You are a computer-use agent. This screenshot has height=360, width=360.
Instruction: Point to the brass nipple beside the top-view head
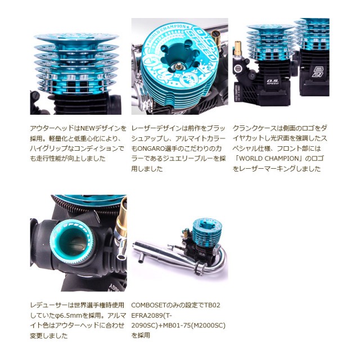[x=215, y=35]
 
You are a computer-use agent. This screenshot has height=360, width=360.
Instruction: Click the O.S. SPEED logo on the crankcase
[x=272, y=82]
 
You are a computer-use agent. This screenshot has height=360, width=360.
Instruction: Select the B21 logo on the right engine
[x=317, y=72]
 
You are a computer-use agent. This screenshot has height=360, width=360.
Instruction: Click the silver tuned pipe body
[x=161, y=253]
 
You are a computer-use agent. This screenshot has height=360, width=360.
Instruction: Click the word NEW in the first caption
[x=86, y=128]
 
